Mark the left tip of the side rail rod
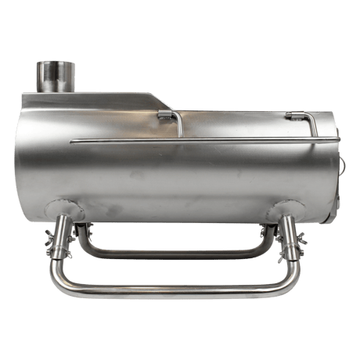(73, 142)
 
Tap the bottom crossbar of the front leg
(176, 292)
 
